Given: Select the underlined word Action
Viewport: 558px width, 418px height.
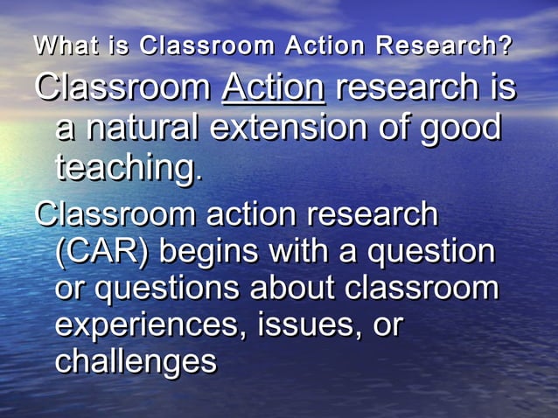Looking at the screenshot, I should [x=274, y=87].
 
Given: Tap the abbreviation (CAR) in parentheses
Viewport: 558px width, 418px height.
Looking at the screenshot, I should [x=101, y=252].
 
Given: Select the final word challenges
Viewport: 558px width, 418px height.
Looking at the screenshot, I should [x=136, y=361].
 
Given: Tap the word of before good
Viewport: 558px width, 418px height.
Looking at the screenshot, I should [x=392, y=128].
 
